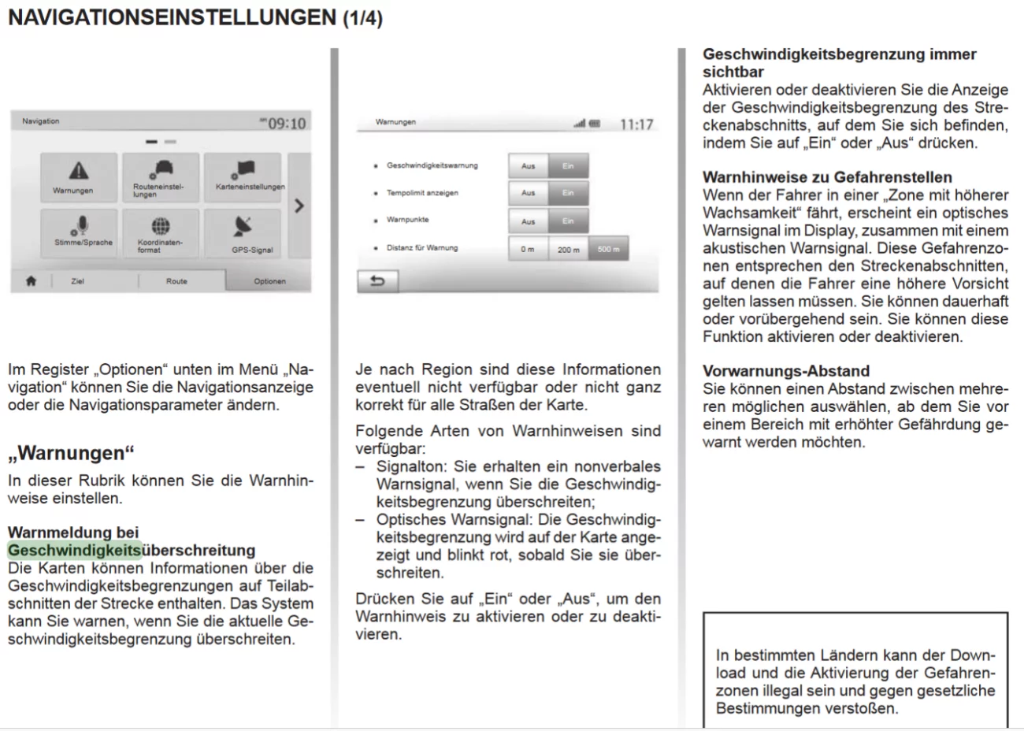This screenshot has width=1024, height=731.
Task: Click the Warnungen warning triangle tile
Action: [79, 177]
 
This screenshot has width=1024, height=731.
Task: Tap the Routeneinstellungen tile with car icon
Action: [161, 177]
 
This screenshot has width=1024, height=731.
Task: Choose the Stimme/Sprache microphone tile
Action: [79, 232]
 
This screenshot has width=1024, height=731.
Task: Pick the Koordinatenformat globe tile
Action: [161, 232]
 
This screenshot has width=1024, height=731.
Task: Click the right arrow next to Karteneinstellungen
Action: [299, 206]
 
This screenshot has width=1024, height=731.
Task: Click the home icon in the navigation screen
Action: [31, 280]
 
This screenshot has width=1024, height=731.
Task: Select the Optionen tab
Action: [269, 281]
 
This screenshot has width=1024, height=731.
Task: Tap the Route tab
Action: [176, 281]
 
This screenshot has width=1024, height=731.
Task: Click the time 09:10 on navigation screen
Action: [287, 124]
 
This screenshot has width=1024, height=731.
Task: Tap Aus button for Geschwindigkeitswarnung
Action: [528, 166]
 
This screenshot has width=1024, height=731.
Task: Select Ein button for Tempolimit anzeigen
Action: [568, 193]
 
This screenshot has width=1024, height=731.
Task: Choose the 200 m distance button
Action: [568, 250]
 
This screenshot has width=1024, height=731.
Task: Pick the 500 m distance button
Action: [608, 250]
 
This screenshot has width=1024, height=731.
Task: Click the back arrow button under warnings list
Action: [377, 281]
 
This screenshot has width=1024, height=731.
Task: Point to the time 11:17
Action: [636, 124]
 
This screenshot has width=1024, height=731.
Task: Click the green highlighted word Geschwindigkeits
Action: [75, 550]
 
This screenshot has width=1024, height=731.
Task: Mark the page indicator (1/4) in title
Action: [362, 19]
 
